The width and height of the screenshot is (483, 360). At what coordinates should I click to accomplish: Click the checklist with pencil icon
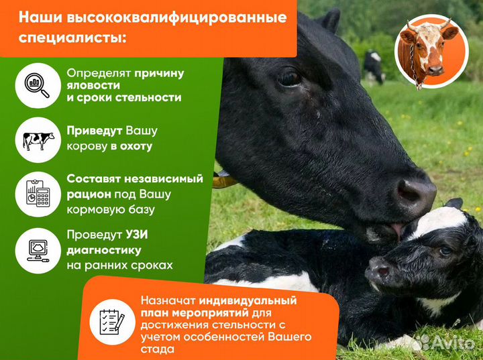click(x=110, y=319)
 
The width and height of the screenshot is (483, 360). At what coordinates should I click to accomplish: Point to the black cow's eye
click(x=290, y=78)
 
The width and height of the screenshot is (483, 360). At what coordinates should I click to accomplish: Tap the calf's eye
click(x=445, y=251)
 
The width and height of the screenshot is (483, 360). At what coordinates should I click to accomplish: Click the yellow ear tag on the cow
click(x=224, y=180)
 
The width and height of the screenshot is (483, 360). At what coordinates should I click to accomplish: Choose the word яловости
click(x=93, y=85)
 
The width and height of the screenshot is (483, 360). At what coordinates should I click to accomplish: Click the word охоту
click(x=131, y=145)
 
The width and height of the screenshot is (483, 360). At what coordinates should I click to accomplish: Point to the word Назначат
click(x=163, y=300)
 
